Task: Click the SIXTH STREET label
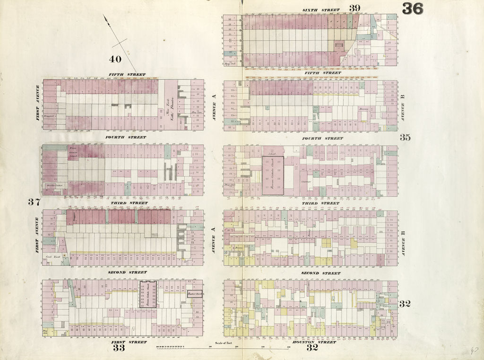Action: (320, 10)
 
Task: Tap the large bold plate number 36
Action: (413, 9)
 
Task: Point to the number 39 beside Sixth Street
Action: (355, 8)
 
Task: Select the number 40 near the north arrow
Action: (115, 59)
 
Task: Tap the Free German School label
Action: (73, 152)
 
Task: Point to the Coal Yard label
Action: (52, 256)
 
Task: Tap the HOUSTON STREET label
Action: (321, 342)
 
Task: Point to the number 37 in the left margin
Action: (34, 202)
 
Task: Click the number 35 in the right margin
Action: (405, 138)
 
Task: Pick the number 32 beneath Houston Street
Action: (312, 349)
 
